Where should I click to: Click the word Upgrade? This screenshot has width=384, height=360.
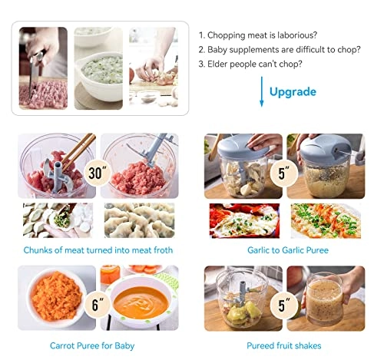tap(293, 92)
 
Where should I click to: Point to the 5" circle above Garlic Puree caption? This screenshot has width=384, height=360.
tap(283, 173)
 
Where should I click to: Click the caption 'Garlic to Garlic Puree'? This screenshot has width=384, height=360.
tap(283, 249)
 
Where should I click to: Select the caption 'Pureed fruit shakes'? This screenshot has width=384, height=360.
tap(283, 346)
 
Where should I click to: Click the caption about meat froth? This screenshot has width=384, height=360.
tap(97, 249)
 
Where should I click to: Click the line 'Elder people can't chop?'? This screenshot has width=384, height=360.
tap(250, 64)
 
